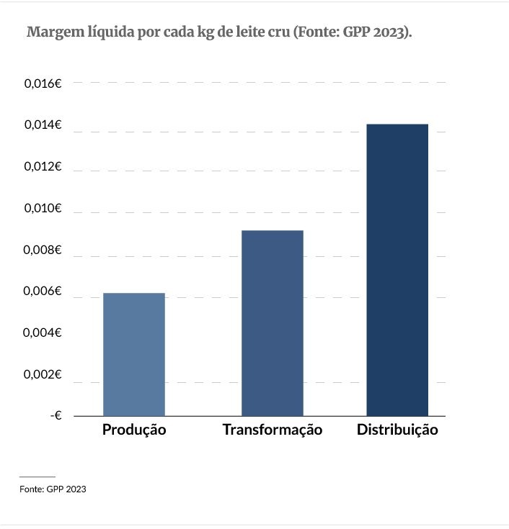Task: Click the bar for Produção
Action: tap(134, 354)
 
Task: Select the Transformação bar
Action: tap(273, 323)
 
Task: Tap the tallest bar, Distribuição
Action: tap(397, 270)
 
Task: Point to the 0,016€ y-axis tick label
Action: tap(43, 83)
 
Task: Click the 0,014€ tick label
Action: tap(43, 125)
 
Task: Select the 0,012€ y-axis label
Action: tap(43, 167)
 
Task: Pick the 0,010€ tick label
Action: tap(43, 209)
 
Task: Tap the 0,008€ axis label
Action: tap(43, 250)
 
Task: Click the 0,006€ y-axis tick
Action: tap(43, 292)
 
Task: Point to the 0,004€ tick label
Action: tap(43, 333)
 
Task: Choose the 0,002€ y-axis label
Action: tap(43, 374)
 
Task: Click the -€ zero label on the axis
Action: tap(56, 415)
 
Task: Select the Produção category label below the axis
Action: tap(134, 430)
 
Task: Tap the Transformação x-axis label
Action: tap(273, 430)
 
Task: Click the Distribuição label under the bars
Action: tap(397, 430)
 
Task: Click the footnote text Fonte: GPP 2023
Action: tap(53, 489)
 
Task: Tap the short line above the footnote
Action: tap(37, 476)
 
